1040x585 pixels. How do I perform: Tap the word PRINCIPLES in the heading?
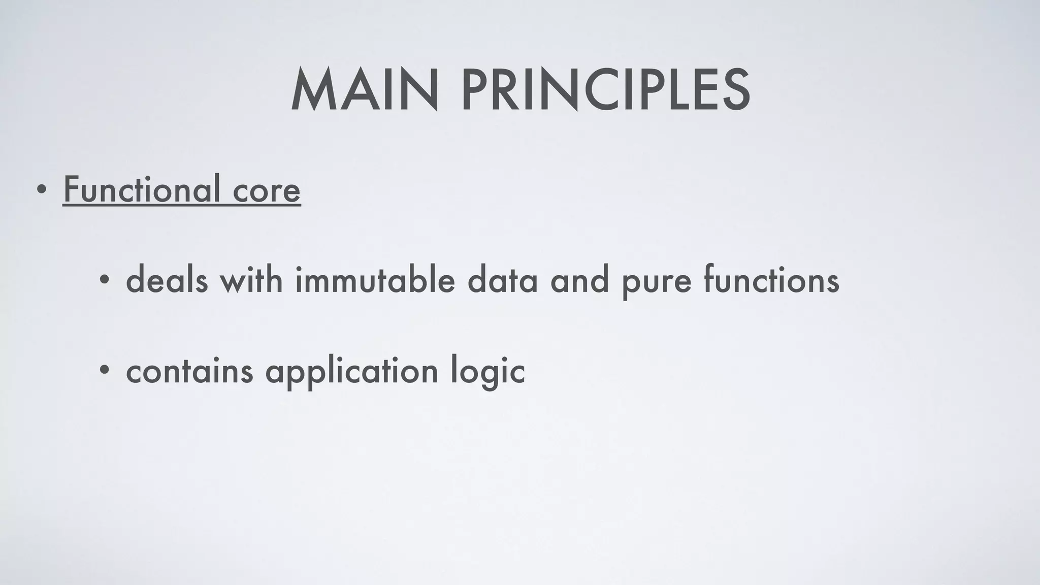click(x=605, y=90)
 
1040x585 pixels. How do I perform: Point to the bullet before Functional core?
click(x=43, y=190)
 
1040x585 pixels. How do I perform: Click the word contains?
click(x=189, y=371)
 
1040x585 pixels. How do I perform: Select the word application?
click(x=351, y=372)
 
